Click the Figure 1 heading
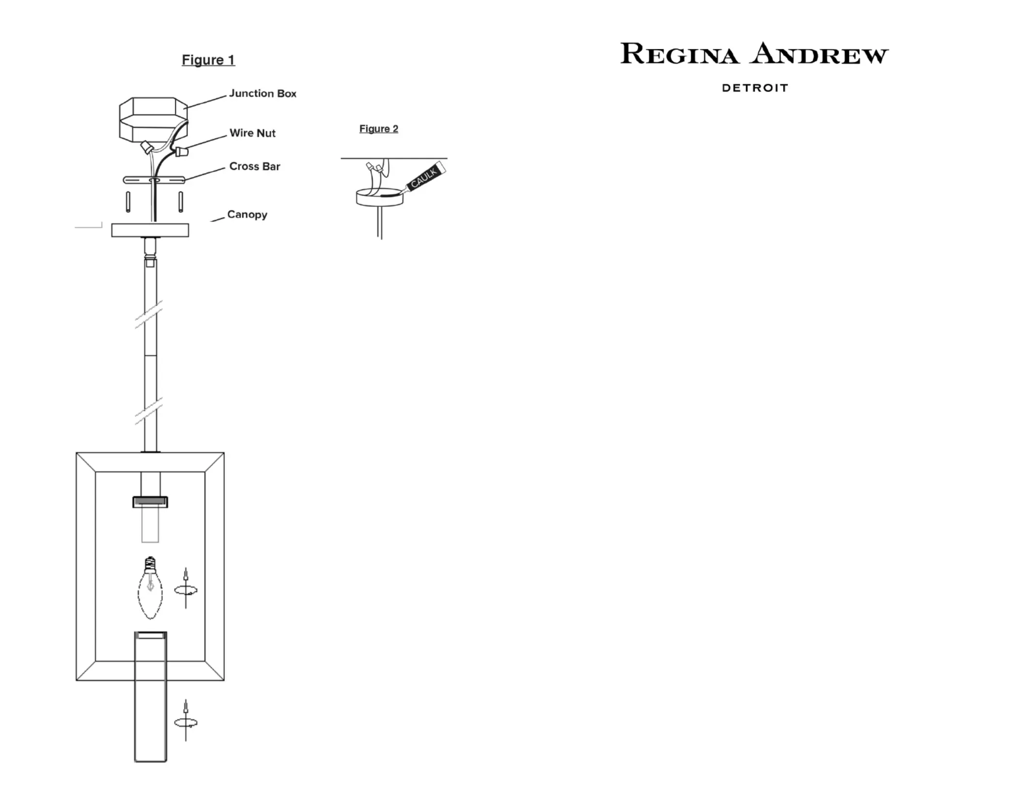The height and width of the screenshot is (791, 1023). coord(208,60)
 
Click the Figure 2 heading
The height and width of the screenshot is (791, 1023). coord(379,129)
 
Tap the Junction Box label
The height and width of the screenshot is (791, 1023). coord(263,93)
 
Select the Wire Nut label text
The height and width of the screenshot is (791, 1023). coord(252,133)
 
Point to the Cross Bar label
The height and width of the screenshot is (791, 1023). coord(255,166)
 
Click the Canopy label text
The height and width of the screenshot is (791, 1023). coord(247,215)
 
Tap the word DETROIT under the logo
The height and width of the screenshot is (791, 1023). coord(755,88)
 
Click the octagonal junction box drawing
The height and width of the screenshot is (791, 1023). coord(154,119)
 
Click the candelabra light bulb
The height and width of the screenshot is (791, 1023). coord(150,587)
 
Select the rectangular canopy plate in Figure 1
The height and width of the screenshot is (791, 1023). coord(150,230)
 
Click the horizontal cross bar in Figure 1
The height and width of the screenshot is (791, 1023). coord(154,180)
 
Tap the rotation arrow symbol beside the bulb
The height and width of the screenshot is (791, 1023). coord(186,589)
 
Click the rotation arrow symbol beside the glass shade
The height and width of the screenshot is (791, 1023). coord(186,722)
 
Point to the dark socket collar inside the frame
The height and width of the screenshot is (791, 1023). coord(150,502)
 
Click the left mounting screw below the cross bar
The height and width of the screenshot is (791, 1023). coord(128,202)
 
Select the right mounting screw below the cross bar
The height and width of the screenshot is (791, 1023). coord(181,202)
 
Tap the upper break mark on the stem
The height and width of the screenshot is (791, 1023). coord(149,314)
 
